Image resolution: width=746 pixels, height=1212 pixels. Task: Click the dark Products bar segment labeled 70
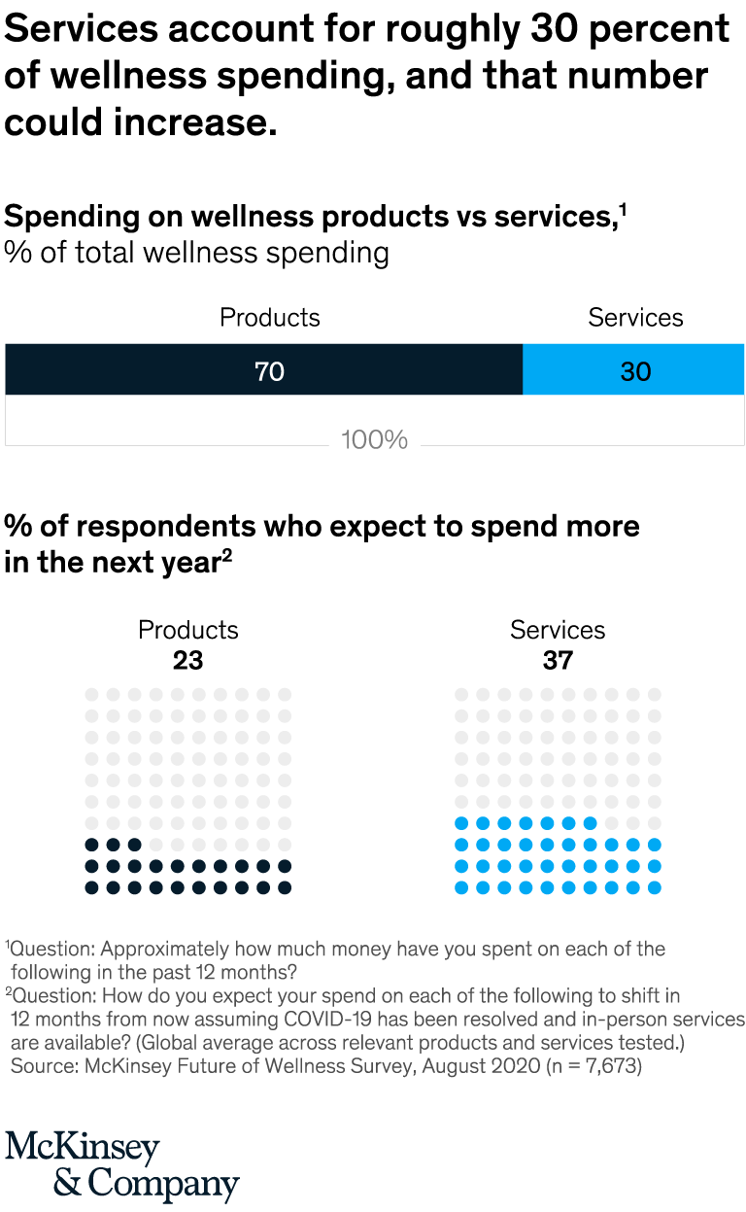(264, 370)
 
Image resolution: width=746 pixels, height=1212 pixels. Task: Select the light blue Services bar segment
(633, 370)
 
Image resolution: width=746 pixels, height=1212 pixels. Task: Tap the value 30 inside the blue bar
(635, 371)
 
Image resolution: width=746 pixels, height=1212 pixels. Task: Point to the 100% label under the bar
(374, 440)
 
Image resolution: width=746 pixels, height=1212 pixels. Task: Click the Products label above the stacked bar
(269, 318)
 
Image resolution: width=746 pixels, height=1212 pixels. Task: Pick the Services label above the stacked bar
(635, 318)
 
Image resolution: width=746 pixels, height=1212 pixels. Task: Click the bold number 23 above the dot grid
(187, 661)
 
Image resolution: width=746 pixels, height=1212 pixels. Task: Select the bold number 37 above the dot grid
(558, 661)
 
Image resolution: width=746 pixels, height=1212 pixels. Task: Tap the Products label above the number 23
(187, 630)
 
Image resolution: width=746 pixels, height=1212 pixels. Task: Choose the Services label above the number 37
(558, 630)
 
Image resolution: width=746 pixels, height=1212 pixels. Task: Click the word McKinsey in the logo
(82, 1148)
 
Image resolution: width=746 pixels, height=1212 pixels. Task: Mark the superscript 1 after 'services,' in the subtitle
(622, 208)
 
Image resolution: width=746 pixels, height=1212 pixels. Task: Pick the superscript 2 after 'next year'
(226, 554)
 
